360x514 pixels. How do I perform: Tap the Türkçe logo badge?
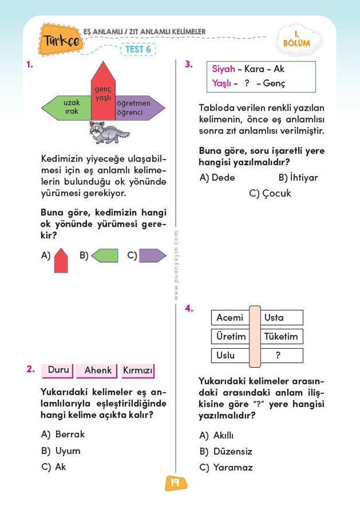click(x=62, y=40)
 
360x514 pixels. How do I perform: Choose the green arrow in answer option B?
click(x=104, y=256)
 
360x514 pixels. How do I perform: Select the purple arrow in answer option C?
click(x=152, y=256)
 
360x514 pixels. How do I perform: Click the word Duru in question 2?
click(x=58, y=370)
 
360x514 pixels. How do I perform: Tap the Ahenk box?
click(x=98, y=370)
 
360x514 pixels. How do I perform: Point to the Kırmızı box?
click(x=137, y=371)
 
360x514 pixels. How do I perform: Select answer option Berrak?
click(x=69, y=434)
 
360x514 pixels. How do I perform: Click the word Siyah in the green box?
click(x=223, y=69)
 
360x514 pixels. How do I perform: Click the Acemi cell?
click(x=230, y=317)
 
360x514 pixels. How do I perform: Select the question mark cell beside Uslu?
click(x=279, y=355)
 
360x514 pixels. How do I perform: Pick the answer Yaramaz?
click(x=232, y=467)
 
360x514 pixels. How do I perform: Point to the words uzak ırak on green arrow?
click(x=72, y=107)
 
